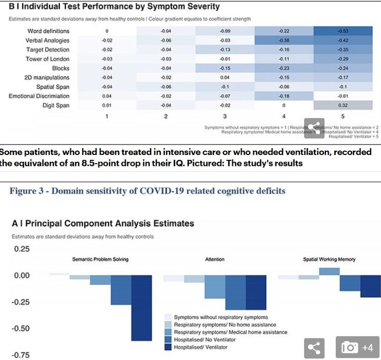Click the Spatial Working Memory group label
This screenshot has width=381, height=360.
click(x=329, y=259)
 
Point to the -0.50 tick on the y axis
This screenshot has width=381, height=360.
click(x=22, y=328)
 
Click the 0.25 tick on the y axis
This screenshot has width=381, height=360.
click(x=22, y=249)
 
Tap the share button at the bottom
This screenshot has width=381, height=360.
click(x=314, y=347)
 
